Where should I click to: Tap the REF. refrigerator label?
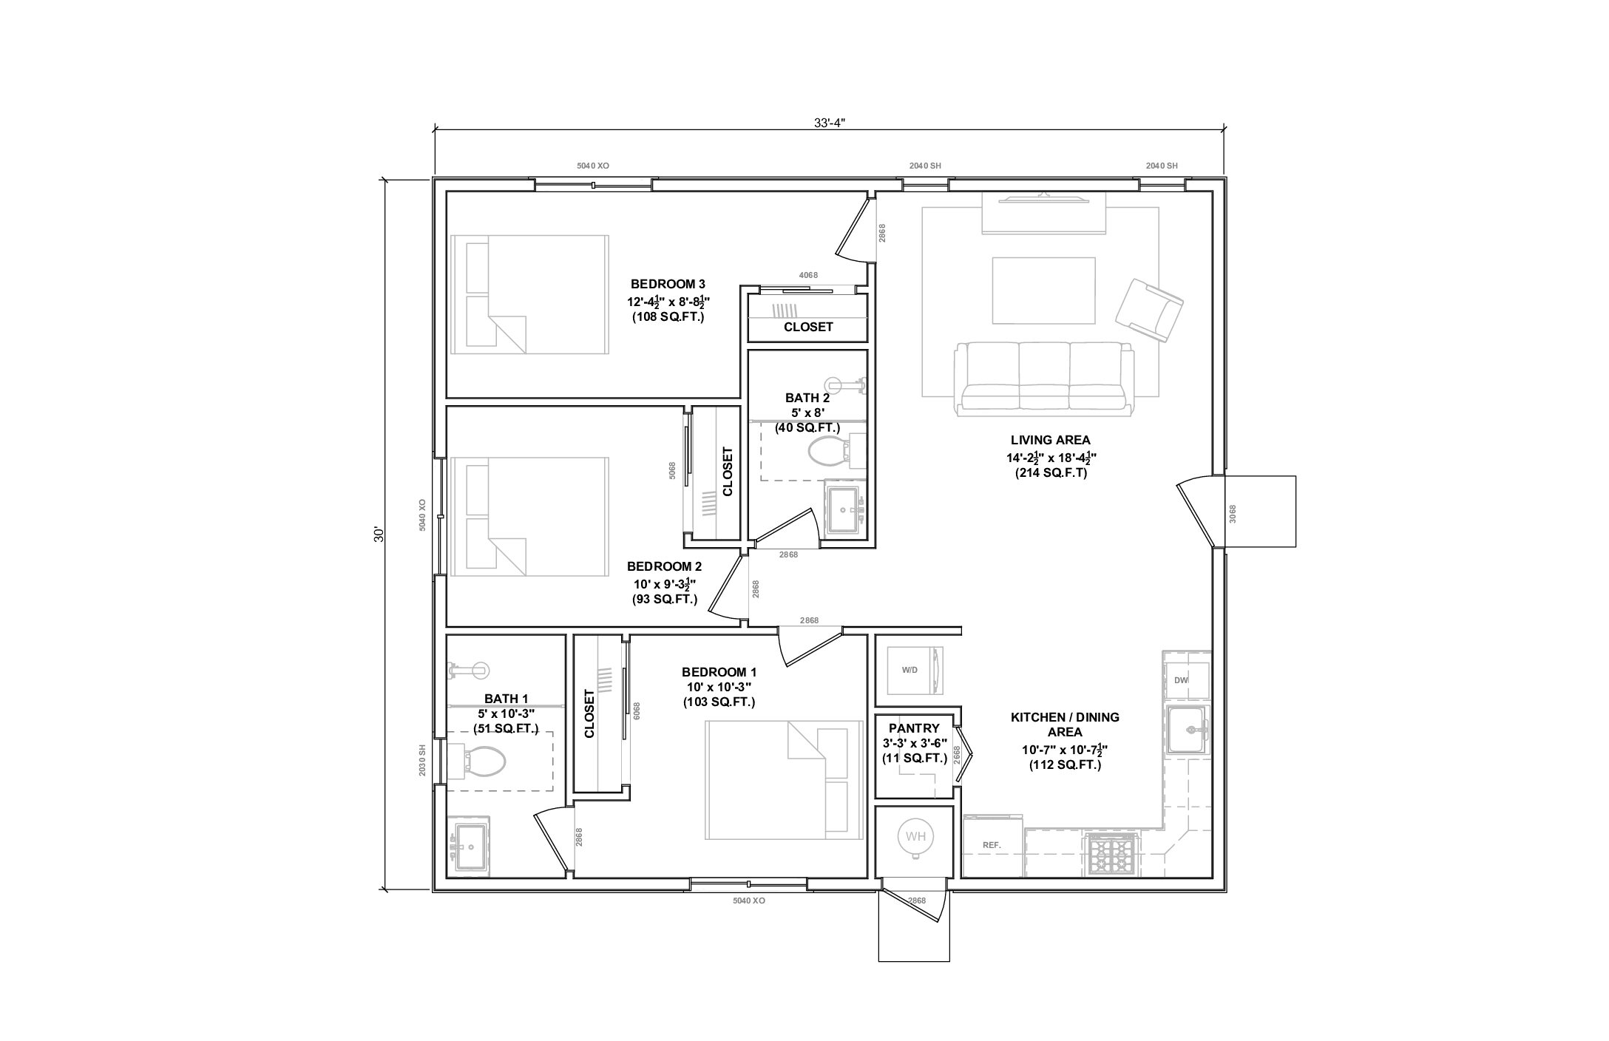pyautogui.click(x=992, y=845)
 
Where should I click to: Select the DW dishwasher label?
pyautogui.click(x=1181, y=680)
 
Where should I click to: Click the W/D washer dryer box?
pyautogui.click(x=915, y=670)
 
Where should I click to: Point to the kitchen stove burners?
pyautogui.click(x=1111, y=855)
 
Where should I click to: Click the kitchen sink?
pyautogui.click(x=1188, y=729)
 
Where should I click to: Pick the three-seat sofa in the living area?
pyautogui.click(x=1043, y=378)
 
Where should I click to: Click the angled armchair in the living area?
pyautogui.click(x=1149, y=310)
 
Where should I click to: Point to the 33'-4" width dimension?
pyautogui.click(x=829, y=123)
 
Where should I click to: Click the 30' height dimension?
pyautogui.click(x=379, y=535)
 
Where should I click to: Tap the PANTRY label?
pyautogui.click(x=914, y=728)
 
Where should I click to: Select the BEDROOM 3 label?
pyautogui.click(x=668, y=284)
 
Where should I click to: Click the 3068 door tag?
pyautogui.click(x=1232, y=514)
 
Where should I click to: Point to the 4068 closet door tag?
pyautogui.click(x=808, y=275)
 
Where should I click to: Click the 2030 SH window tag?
pyautogui.click(x=422, y=759)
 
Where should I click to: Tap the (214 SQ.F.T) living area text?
pyautogui.click(x=1051, y=473)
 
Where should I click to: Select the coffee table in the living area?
pyautogui.click(x=1043, y=291)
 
